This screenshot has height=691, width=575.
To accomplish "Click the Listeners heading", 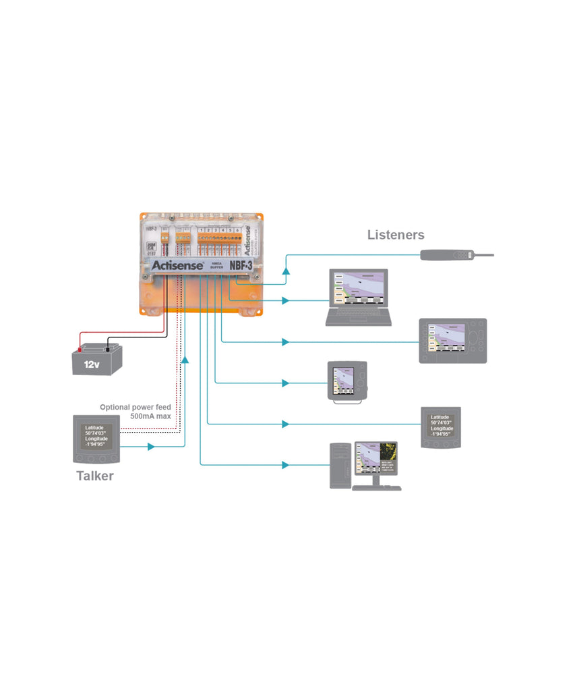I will point(396,235).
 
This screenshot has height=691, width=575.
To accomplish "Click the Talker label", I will point(94,476).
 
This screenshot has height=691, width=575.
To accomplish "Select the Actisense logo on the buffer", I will point(173,266).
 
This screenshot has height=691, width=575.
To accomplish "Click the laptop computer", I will point(358,298).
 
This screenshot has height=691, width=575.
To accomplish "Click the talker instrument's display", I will point(96,436).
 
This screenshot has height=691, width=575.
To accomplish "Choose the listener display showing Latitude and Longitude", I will point(441,427).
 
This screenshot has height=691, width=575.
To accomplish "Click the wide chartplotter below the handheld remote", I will point(452,340).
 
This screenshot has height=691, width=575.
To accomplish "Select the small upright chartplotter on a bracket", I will point(347,381).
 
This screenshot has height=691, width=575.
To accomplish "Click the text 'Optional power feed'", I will point(135,408).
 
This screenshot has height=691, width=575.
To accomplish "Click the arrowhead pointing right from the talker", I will point(151,447).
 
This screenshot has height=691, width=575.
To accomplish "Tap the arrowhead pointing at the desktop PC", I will point(286,464).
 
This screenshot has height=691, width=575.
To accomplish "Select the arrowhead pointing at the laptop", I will point(286,300).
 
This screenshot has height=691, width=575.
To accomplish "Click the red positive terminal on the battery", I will point(80,349).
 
